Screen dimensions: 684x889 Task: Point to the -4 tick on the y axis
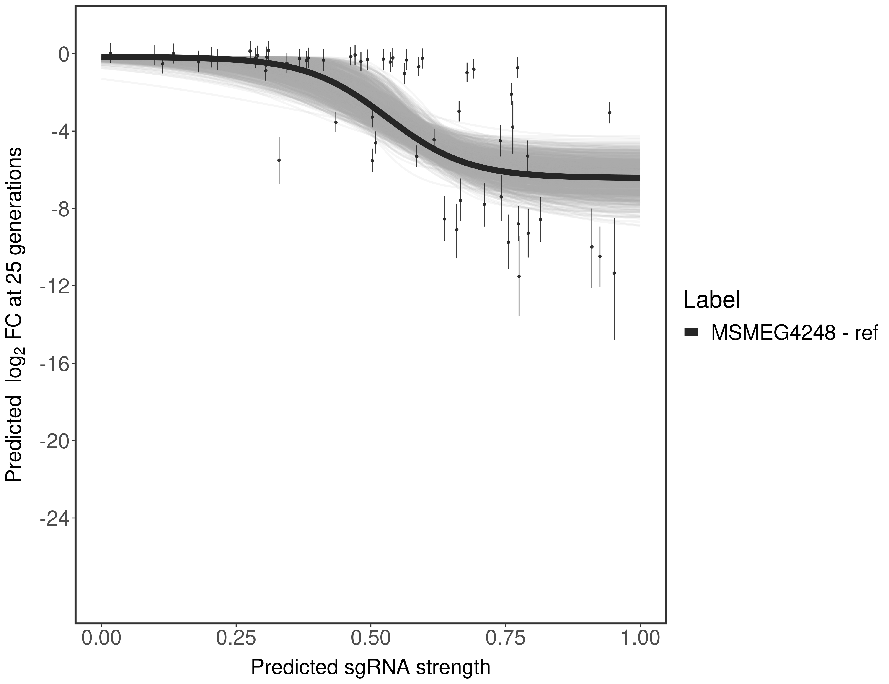(59, 132)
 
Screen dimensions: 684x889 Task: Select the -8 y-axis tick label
(59, 209)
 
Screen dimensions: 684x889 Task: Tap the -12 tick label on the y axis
(54, 286)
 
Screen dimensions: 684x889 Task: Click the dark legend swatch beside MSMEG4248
(691, 333)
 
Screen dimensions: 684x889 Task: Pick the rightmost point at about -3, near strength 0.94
(609, 113)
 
